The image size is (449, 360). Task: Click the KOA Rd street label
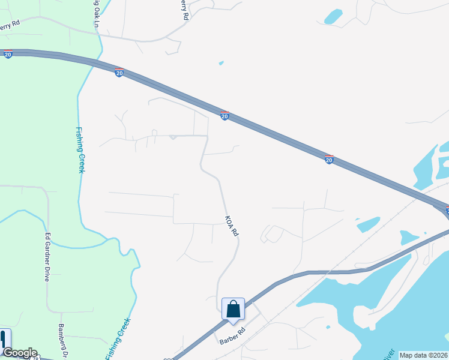tap(232, 226)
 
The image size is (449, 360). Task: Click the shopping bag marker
tap(233, 310)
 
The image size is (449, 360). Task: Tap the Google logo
tap(20, 353)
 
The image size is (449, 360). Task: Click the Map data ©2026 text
tap(424, 355)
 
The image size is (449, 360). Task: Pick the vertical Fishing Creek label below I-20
tap(79, 149)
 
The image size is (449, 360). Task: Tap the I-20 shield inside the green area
tap(8, 55)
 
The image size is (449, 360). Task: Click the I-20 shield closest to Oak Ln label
tap(119, 73)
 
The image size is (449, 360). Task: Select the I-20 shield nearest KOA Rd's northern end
tap(224, 116)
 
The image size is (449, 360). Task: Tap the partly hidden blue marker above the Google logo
tap(5, 338)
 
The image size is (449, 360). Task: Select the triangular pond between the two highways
tap(367, 224)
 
